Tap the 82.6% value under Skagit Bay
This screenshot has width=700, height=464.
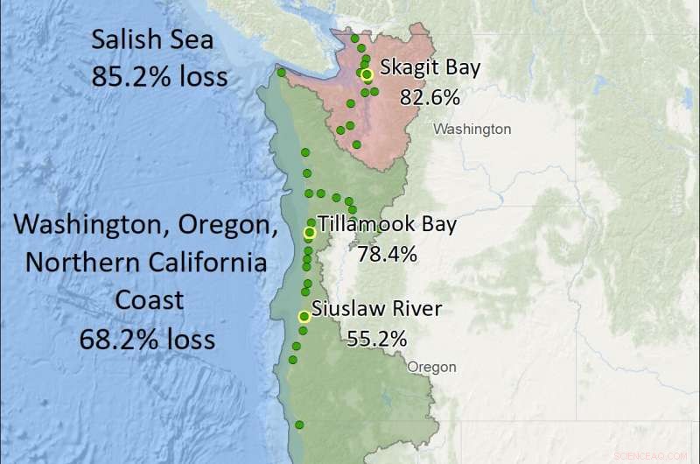(430, 97)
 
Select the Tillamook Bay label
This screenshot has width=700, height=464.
(387, 225)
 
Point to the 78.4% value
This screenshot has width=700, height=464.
(387, 255)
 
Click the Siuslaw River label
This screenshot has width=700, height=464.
(377, 309)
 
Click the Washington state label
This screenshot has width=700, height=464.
(472, 129)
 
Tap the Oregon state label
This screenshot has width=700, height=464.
(432, 367)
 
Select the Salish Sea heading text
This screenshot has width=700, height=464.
(159, 40)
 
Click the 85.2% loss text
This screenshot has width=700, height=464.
(159, 76)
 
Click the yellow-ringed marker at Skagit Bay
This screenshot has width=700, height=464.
(367, 74)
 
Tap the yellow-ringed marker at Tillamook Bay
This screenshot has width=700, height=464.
(309, 233)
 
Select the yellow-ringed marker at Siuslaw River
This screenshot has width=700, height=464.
(304, 317)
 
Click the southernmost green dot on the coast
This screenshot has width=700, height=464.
(299, 425)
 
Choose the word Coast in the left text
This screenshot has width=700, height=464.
(149, 299)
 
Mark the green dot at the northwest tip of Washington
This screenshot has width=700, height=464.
(280, 73)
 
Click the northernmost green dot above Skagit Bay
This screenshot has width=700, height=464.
(354, 39)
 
